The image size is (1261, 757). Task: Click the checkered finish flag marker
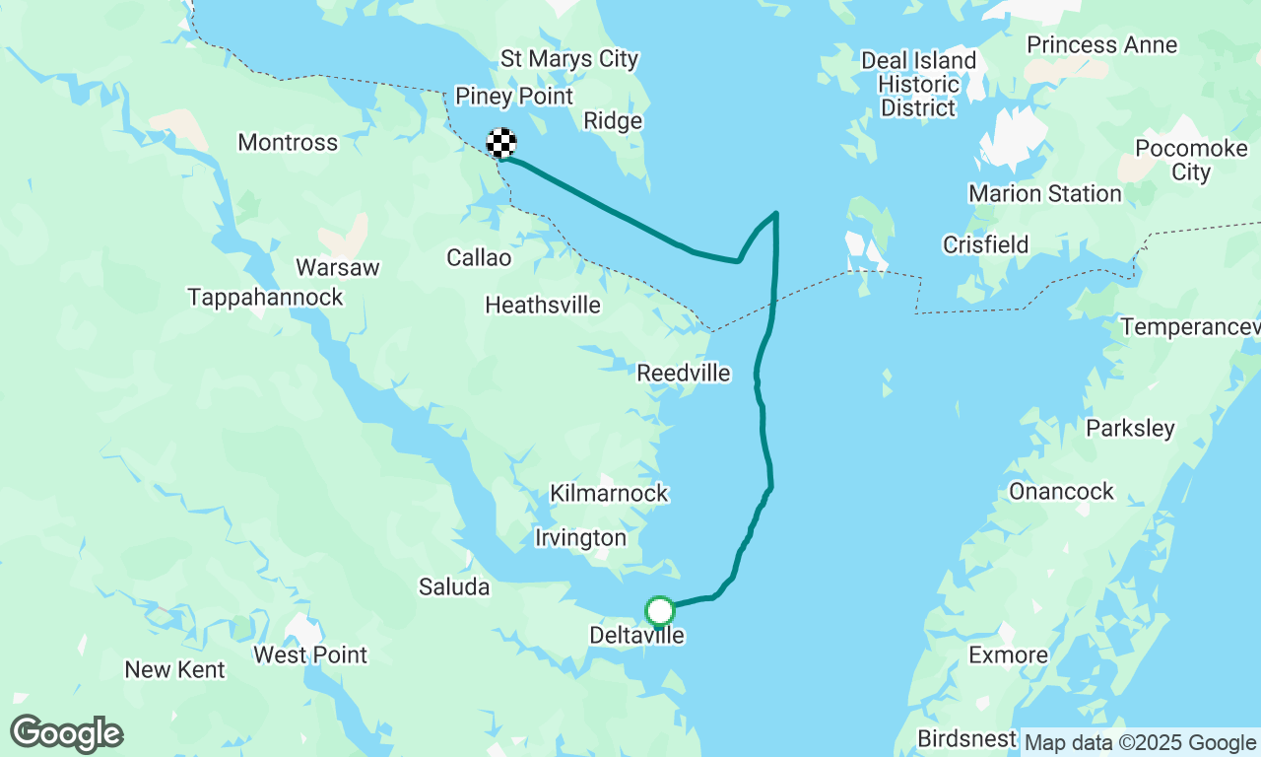pos(501,144)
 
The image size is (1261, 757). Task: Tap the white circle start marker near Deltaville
pos(659,611)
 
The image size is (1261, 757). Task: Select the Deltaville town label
pos(636,636)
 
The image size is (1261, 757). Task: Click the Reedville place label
pos(684,374)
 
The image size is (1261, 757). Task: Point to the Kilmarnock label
pos(609,493)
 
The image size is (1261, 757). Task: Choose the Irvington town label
pos(580,538)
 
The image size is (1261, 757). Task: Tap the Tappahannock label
pos(266,297)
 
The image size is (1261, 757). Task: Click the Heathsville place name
pos(543,306)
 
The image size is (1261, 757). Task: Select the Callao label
pos(479,258)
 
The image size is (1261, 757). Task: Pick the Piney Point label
pos(514,97)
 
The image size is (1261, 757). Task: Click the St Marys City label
pos(569,59)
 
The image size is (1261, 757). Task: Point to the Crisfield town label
pos(985,244)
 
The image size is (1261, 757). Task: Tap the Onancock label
pos(1061,491)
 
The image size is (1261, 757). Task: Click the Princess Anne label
pos(1101,45)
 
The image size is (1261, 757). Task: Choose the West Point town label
pos(310,654)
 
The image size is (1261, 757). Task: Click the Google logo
pos(66,734)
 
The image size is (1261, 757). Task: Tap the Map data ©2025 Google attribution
pos(1140,743)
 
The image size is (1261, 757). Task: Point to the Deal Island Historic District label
pos(918,84)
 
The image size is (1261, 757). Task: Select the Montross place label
pos(288,143)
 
